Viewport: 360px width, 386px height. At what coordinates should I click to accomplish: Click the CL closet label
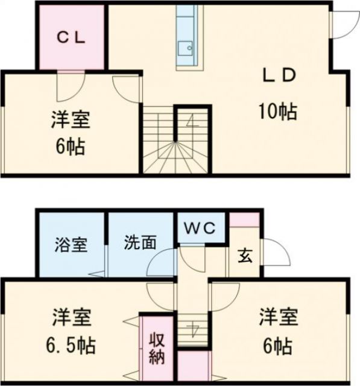71,36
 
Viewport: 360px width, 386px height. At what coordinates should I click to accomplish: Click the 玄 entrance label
244,255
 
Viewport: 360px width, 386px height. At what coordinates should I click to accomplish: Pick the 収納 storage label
157,347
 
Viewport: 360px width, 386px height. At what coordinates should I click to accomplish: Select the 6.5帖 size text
71,347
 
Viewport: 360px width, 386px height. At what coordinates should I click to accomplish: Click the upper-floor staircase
176,141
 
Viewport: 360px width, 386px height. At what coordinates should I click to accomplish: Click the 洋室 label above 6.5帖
71,317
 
